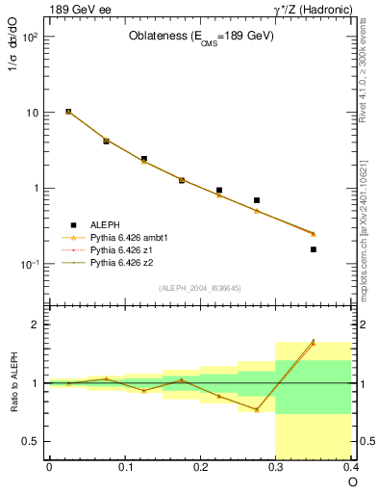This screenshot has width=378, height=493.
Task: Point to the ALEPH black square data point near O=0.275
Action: click(257, 200)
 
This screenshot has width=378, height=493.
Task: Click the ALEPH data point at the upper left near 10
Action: click(68, 112)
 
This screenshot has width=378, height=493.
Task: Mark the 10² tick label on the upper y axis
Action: click(29, 37)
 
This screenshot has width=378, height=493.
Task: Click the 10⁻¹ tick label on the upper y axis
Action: click(29, 264)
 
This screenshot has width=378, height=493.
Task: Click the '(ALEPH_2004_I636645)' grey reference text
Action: click(201, 287)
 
